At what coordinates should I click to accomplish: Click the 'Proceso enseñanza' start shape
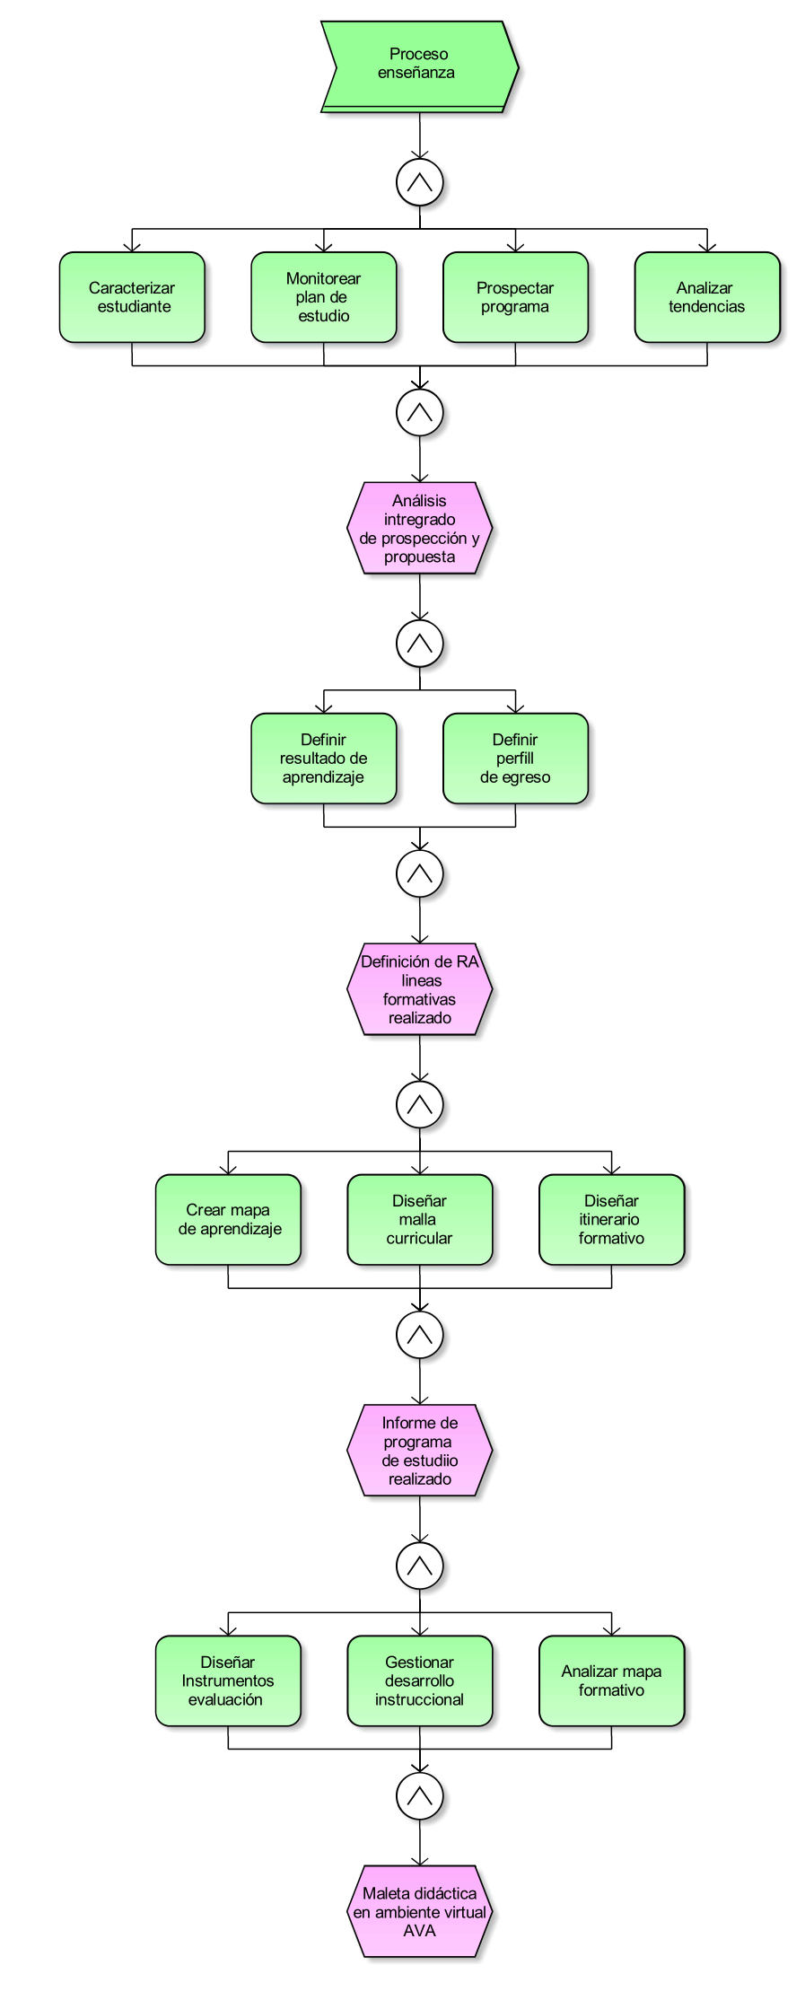419,66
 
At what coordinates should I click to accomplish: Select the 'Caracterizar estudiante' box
132,297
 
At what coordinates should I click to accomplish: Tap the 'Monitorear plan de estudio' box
323,297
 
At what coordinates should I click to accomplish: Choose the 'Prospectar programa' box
515,297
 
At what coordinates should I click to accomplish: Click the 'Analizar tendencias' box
706,297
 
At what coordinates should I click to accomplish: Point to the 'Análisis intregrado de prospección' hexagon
419,529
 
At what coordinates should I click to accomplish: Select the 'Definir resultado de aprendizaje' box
323,759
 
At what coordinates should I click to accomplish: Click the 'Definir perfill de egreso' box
515,759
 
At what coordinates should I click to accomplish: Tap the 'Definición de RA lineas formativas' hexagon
419,989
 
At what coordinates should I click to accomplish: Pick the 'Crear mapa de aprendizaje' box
228,1220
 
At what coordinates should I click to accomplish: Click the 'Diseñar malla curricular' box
419,1220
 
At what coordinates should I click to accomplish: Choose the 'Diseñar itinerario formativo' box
611,1220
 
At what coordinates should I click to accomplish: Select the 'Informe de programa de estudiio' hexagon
419,1451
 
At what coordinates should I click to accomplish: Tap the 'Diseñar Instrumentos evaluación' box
228,1680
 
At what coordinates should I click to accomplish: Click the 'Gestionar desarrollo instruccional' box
419,1680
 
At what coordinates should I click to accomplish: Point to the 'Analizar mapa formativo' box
611,1680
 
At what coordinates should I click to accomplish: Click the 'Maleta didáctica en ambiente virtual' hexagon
419,1911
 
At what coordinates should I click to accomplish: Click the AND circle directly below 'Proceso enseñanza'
419,182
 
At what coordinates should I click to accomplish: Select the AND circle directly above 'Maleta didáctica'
419,1796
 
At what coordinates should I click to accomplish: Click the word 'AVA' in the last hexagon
419,1930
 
